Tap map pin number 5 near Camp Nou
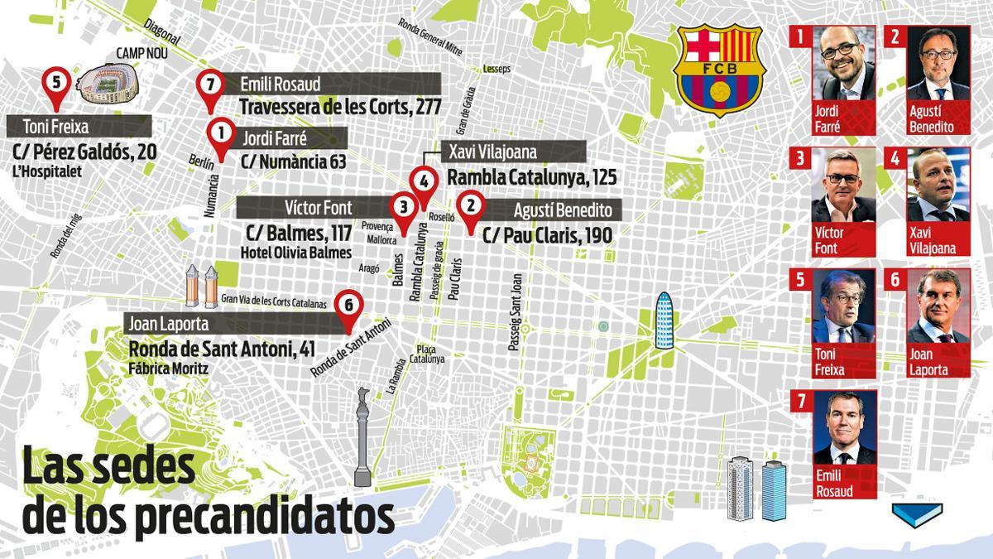pos(56,85)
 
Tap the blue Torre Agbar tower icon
pos(664,322)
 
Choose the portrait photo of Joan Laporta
pos(938,306)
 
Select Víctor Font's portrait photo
pos(844,186)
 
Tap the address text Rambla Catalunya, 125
pos(531,178)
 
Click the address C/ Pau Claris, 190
pos(547,236)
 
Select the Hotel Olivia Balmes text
pos(295,252)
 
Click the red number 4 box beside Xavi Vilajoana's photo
pos(895,157)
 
